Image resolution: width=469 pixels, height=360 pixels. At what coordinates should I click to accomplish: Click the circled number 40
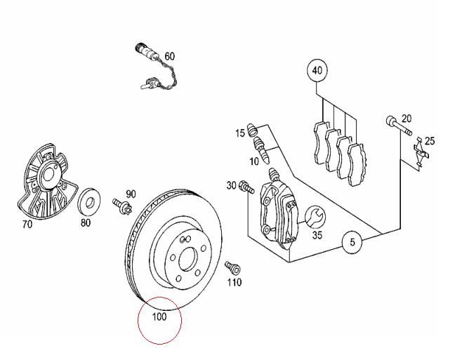click(317, 71)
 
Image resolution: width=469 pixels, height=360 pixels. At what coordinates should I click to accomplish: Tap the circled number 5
click(352, 242)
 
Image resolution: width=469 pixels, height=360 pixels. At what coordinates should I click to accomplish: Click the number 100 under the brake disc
click(159, 316)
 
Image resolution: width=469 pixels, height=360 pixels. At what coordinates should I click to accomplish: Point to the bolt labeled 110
click(232, 267)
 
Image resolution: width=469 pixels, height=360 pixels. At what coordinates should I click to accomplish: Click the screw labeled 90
click(122, 206)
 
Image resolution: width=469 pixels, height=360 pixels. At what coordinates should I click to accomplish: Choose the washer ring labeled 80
click(89, 201)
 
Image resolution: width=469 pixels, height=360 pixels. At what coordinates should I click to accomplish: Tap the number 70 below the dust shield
click(27, 224)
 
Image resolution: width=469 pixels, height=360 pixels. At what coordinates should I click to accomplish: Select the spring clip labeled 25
click(421, 154)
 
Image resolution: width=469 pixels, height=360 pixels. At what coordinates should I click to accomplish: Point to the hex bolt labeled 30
click(246, 187)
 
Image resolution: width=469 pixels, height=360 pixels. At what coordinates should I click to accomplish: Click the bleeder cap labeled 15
click(252, 129)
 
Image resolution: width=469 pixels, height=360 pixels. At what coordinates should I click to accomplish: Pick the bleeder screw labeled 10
click(262, 149)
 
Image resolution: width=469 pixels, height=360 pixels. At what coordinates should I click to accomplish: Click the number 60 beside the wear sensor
click(169, 56)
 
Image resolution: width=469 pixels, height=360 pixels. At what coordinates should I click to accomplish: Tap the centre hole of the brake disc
click(187, 259)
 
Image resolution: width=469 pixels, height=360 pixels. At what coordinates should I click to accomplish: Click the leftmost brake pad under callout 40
click(320, 142)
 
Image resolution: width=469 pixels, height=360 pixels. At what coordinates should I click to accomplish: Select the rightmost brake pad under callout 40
click(357, 164)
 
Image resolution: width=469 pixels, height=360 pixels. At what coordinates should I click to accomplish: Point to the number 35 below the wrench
click(317, 235)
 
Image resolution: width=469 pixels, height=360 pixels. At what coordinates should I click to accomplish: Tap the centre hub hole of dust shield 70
click(48, 176)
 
